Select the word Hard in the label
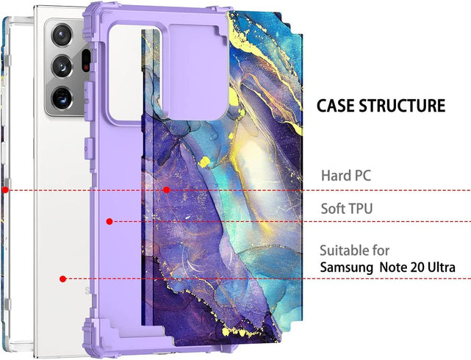coord(337,176)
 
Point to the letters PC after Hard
coord(363,176)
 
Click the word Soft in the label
coord(334,209)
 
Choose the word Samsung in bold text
coord(347,267)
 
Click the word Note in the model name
coord(395,267)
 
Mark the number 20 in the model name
coord(420,267)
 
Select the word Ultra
coord(444,267)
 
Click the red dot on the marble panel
coord(168,190)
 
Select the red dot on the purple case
coord(109,221)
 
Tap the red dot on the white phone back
coord(63,279)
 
